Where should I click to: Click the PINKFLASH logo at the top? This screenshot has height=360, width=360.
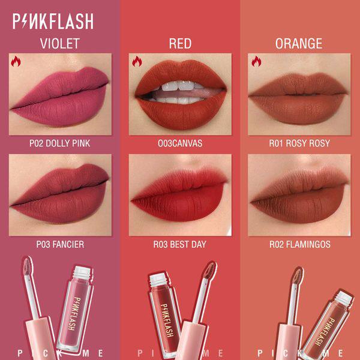(x=53, y=21)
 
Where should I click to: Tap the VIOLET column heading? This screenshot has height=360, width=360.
(x=60, y=44)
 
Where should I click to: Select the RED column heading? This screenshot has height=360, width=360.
(x=180, y=44)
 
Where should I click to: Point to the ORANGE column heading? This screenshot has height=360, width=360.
(x=299, y=44)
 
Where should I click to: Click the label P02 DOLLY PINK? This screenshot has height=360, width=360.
(x=59, y=143)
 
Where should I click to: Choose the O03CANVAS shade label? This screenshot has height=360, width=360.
(x=180, y=143)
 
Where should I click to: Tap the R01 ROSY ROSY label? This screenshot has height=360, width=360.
(x=299, y=143)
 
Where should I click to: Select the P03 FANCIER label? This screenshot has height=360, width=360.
(x=60, y=244)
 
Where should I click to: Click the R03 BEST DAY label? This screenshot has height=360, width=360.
(x=180, y=244)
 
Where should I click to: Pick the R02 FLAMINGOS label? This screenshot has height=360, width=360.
(x=300, y=244)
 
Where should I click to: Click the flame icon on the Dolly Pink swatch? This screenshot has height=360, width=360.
(x=16, y=61)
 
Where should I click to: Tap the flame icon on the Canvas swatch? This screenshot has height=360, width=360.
(x=137, y=61)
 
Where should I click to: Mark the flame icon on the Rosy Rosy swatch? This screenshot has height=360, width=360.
(x=256, y=61)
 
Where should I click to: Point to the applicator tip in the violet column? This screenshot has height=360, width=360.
(x=28, y=266)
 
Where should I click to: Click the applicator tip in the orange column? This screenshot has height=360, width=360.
(x=298, y=276)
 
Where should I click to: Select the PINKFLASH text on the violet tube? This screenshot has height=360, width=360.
(x=74, y=314)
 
